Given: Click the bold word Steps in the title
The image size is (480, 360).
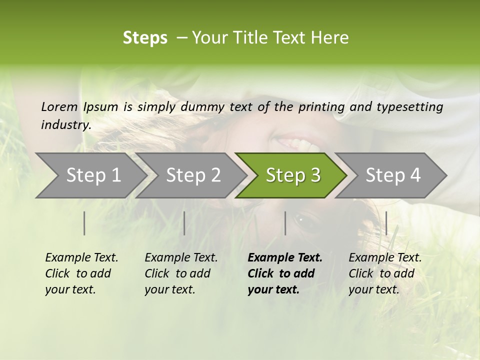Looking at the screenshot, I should click(x=145, y=38).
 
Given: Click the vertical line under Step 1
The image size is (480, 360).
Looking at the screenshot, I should click(x=84, y=223).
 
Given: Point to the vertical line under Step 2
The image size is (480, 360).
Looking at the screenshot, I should click(x=184, y=223).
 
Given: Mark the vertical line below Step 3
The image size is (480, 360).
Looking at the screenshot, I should click(x=285, y=223).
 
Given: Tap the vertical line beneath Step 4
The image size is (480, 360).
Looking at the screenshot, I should click(x=386, y=223).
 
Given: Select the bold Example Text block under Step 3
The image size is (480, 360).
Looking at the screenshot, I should click(x=285, y=273).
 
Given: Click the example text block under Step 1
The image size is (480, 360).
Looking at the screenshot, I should click(x=81, y=273).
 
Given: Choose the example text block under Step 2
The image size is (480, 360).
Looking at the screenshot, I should click(x=181, y=273).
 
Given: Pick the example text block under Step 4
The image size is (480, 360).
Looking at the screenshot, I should click(x=385, y=273).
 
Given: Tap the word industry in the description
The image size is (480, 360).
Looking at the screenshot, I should click(x=66, y=125).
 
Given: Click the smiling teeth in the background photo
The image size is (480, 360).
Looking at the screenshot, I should click(x=304, y=145).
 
